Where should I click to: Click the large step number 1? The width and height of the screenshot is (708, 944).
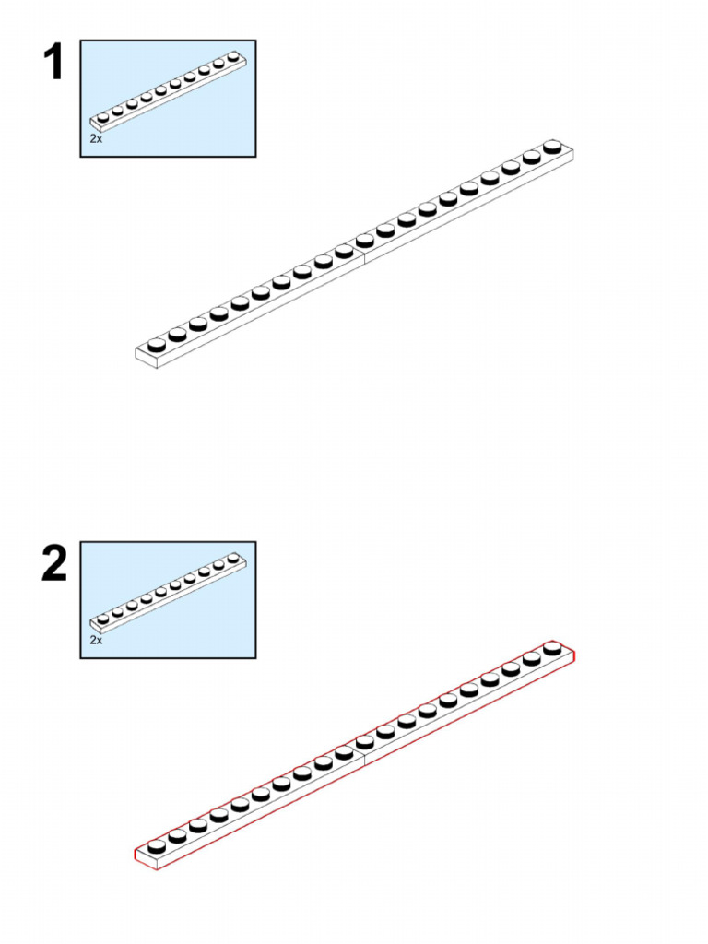[54, 62]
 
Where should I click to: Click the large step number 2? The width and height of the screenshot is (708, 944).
[54, 563]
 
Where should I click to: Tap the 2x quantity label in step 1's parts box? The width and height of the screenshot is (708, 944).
[96, 138]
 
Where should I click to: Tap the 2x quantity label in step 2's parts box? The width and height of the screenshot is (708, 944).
[96, 640]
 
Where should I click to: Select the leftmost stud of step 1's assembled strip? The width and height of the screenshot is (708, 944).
[157, 345]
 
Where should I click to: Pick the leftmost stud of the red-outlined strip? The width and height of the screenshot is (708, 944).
[157, 846]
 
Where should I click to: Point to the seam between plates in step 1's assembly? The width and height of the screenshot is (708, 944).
[364, 256]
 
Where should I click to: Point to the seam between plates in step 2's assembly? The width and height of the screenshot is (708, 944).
[364, 758]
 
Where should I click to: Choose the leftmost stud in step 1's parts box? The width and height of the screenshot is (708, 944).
[103, 117]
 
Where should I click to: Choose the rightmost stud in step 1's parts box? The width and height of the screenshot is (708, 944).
[233, 56]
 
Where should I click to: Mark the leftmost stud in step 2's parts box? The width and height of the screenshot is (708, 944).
[103, 619]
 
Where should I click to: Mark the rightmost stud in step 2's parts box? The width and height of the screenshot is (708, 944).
[233, 558]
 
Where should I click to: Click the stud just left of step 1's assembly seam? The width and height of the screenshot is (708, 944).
[345, 251]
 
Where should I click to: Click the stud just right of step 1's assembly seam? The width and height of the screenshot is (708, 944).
[365, 241]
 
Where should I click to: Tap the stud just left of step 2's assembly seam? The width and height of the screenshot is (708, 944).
[345, 752]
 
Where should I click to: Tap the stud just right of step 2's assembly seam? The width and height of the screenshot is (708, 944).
[365, 742]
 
